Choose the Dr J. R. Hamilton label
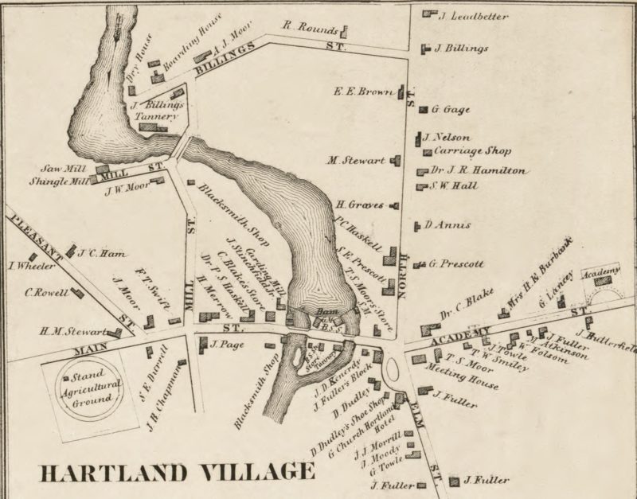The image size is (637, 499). pos(478,170)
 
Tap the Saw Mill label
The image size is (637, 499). pos(64,169)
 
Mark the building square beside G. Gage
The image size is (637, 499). pos(424,109)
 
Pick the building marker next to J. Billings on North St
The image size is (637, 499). pos(425,49)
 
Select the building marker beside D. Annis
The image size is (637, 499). pos(416,226)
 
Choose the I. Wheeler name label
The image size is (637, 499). pos(26,266)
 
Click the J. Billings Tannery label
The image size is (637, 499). pos(157,111)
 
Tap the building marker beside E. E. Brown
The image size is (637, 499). pos(401,92)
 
